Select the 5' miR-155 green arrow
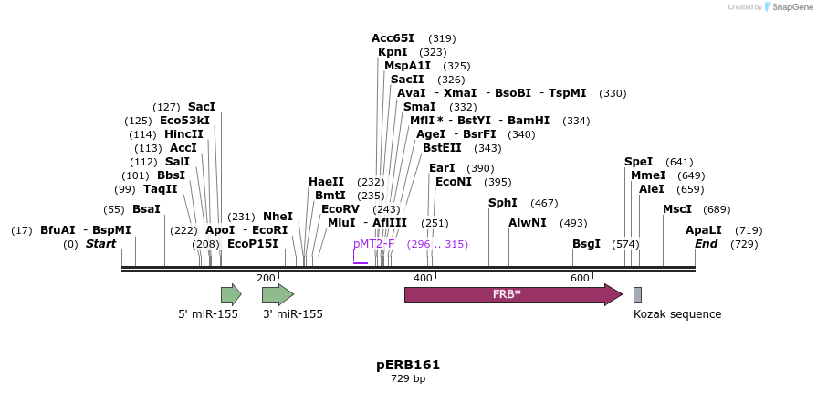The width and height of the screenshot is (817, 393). point(230,294)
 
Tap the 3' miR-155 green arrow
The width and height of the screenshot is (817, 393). point(277,294)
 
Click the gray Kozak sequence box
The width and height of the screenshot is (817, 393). point(637,294)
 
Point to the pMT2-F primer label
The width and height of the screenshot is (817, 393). point(373,244)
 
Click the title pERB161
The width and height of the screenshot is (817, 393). point(408,365)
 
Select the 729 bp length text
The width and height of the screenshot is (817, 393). point(408,378)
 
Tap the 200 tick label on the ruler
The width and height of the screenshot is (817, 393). point(266,278)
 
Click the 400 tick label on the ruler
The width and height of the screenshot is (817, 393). point(423,278)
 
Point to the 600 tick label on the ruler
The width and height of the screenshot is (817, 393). point(580,278)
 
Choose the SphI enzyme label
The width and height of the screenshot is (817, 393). point(503,203)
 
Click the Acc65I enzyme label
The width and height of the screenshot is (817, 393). point(393,38)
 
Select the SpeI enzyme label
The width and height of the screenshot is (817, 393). point(639,162)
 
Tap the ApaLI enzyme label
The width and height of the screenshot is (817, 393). point(704,230)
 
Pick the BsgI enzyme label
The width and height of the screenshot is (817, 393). point(586,244)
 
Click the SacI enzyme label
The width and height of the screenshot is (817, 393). point(202,107)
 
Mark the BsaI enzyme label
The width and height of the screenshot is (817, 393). point(146,209)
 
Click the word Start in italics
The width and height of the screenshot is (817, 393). point(101,244)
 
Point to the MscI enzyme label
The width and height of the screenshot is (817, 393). point(677,209)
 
